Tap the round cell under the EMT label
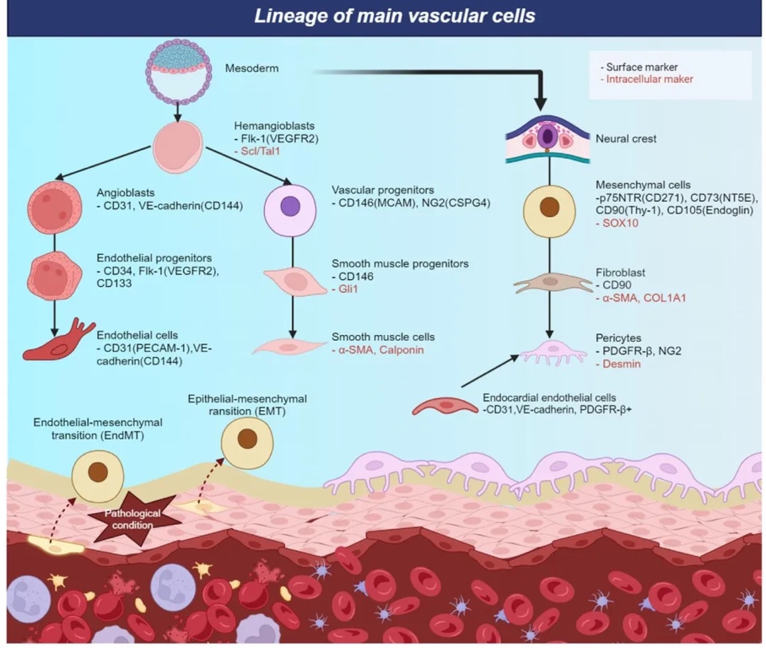pyautogui.click(x=246, y=439)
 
